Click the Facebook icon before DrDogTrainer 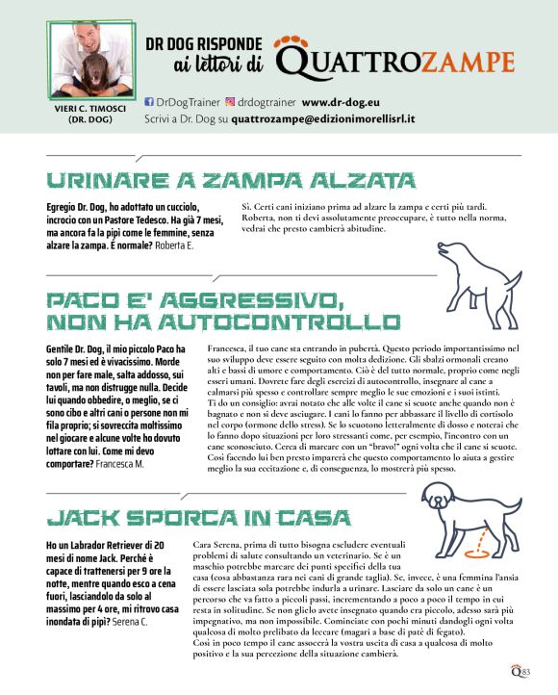point(148,101)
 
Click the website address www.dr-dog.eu point(343,101)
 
